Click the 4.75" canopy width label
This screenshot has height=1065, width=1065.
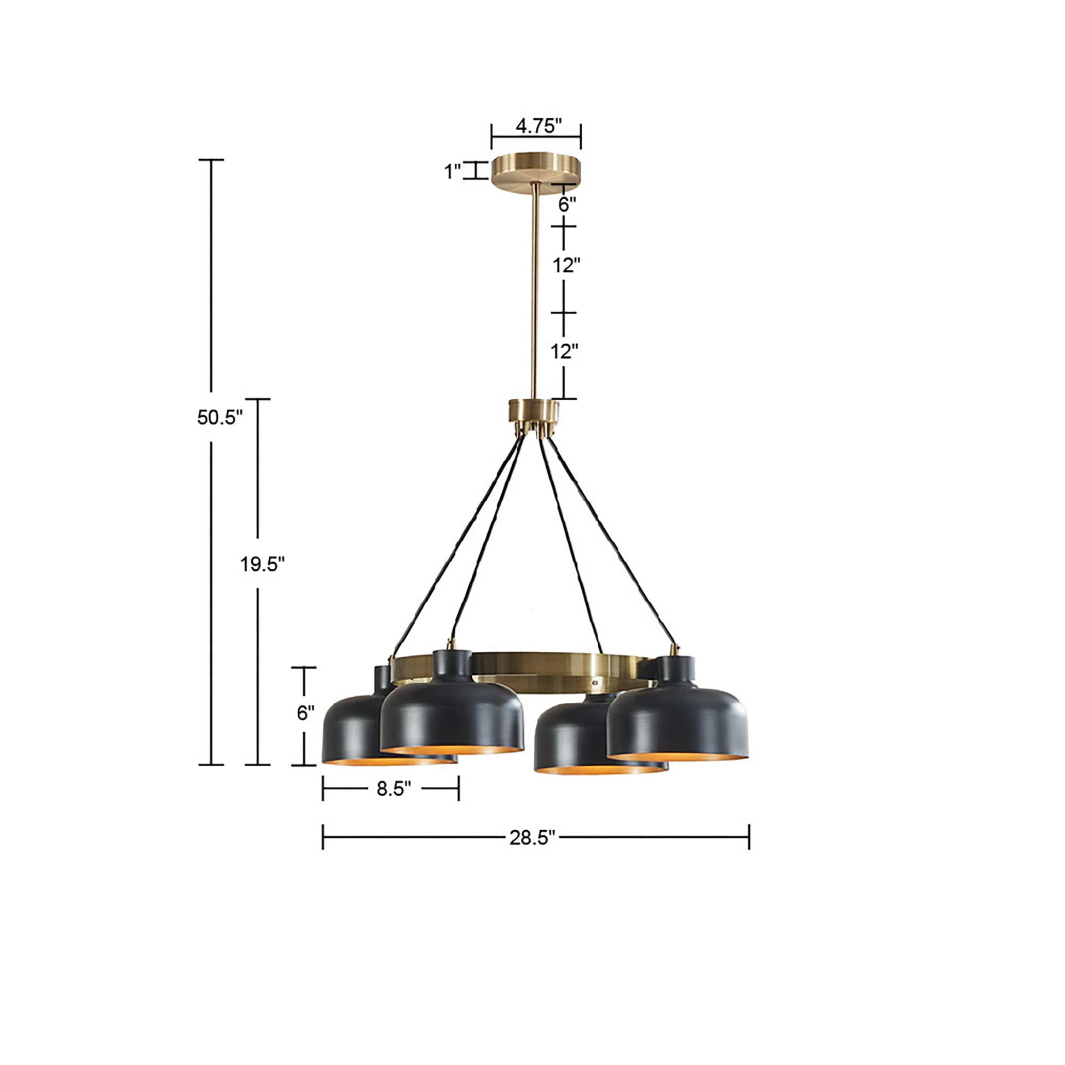pyautogui.click(x=538, y=126)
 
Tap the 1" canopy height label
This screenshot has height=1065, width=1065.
pyautogui.click(x=453, y=171)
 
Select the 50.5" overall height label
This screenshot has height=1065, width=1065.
pyautogui.click(x=219, y=417)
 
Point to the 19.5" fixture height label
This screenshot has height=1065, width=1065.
pyautogui.click(x=262, y=564)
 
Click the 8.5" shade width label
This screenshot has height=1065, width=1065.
pyautogui.click(x=393, y=789)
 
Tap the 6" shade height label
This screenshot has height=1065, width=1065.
pyautogui.click(x=305, y=713)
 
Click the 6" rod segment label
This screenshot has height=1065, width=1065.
pyautogui.click(x=566, y=205)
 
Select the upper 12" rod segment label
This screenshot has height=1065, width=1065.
pyautogui.click(x=566, y=265)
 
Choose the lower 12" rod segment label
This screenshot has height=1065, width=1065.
pyautogui.click(x=564, y=351)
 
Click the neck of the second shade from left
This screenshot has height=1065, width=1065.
pyautogui.click(x=452, y=665)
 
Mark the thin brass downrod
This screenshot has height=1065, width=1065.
pyautogui.click(x=534, y=292)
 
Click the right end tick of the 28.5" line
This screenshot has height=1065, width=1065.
pyautogui.click(x=749, y=837)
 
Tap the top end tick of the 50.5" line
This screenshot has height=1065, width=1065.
pyautogui.click(x=211, y=160)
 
